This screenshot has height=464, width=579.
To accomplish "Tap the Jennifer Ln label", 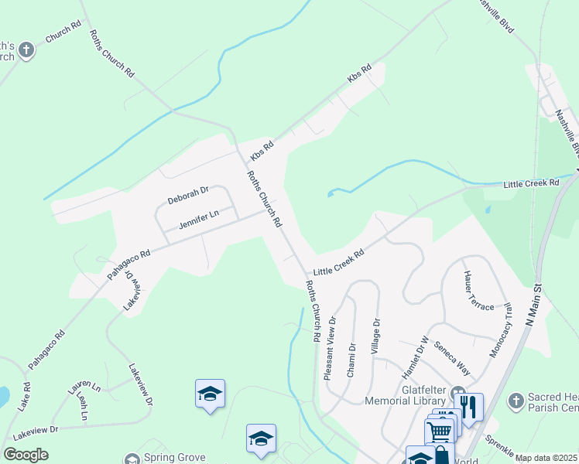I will click(x=199, y=219).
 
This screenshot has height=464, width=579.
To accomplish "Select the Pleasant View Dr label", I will click(x=330, y=347).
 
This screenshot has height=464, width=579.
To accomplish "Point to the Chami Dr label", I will click(x=351, y=360).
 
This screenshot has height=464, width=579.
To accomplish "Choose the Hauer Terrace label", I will click(x=478, y=290).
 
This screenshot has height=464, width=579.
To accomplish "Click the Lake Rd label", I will click(x=25, y=396).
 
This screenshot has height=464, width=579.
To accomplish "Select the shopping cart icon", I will click(x=439, y=430).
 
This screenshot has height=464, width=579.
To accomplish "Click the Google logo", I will click(x=26, y=454).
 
